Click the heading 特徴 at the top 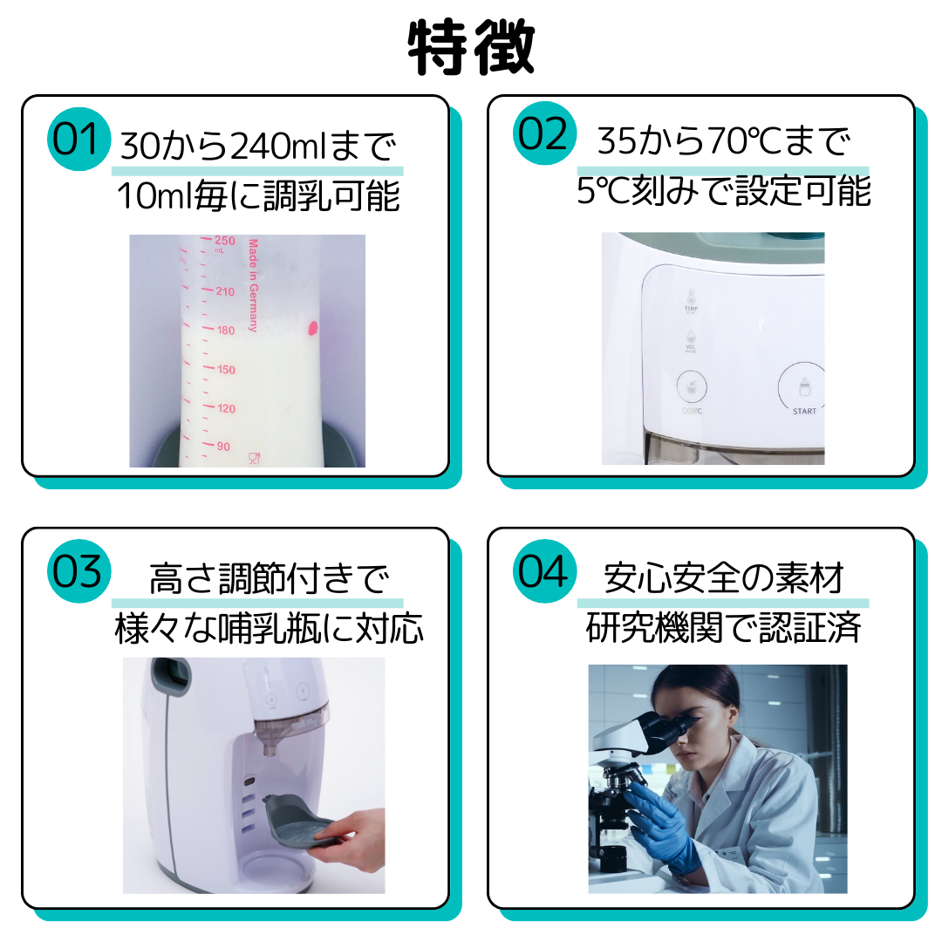click(x=471, y=48)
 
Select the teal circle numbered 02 click(x=543, y=135)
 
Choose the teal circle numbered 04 click(x=543, y=572)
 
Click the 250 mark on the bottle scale click(x=225, y=242)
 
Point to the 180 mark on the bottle click(x=225, y=331)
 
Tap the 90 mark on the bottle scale click(x=223, y=447)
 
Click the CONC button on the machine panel click(x=693, y=389)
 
